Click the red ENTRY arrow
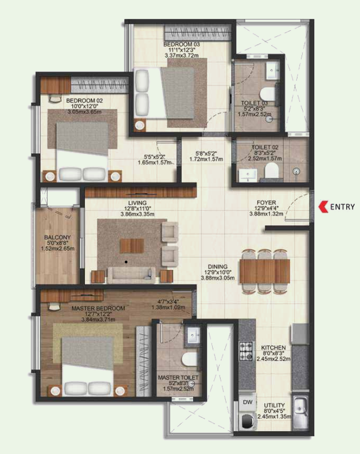click(322, 207)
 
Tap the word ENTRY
click(342, 208)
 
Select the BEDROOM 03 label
click(181, 44)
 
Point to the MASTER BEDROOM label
click(98, 308)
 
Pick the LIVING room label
click(138, 202)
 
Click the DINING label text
click(218, 267)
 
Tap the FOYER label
click(267, 202)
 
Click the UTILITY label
click(274, 406)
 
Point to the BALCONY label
click(57, 237)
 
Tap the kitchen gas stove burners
click(246, 350)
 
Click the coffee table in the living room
click(131, 245)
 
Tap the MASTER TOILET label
click(178, 378)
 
